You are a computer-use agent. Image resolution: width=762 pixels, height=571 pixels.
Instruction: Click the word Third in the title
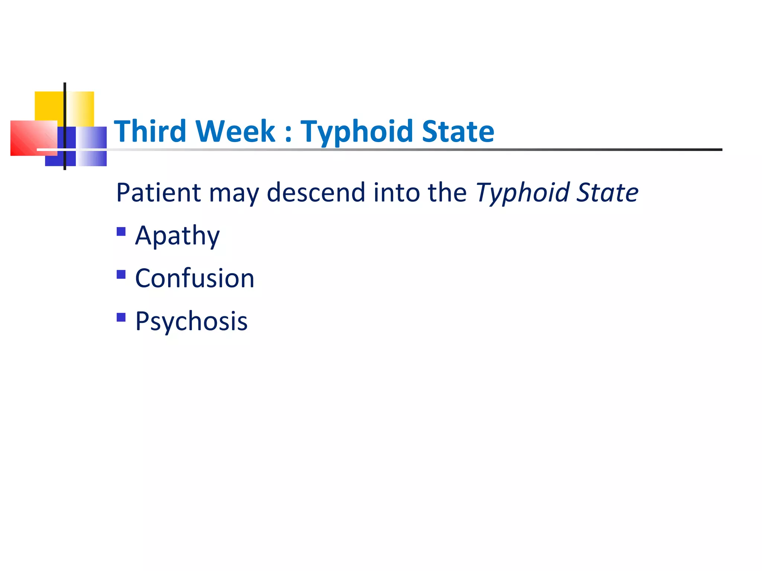[150, 131]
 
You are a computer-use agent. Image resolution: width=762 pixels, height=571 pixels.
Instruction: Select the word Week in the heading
[235, 131]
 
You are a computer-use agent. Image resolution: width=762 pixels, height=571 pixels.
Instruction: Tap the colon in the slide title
[288, 133]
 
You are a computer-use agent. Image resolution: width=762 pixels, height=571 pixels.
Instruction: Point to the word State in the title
[458, 131]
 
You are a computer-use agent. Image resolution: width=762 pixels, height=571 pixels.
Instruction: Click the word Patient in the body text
[159, 193]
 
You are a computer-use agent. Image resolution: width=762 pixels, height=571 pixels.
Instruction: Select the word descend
[316, 193]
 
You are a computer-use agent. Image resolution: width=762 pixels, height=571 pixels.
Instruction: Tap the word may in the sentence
[234, 194]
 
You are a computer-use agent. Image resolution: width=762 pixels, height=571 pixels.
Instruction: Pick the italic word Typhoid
[522, 193]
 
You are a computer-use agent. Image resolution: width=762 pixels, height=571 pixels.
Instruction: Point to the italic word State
[607, 193]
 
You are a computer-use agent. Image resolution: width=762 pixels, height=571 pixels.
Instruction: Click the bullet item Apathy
[177, 236]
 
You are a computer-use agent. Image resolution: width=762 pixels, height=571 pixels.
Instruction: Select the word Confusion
[195, 278]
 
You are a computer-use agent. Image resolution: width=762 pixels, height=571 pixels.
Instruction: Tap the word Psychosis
[191, 322]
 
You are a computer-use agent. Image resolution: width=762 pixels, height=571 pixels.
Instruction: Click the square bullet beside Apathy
[121, 232]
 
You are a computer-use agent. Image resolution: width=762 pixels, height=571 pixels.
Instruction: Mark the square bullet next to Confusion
[121, 274]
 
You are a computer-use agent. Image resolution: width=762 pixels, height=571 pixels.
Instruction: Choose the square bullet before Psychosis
[121, 317]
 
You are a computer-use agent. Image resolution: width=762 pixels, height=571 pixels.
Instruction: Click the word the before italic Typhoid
[447, 193]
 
